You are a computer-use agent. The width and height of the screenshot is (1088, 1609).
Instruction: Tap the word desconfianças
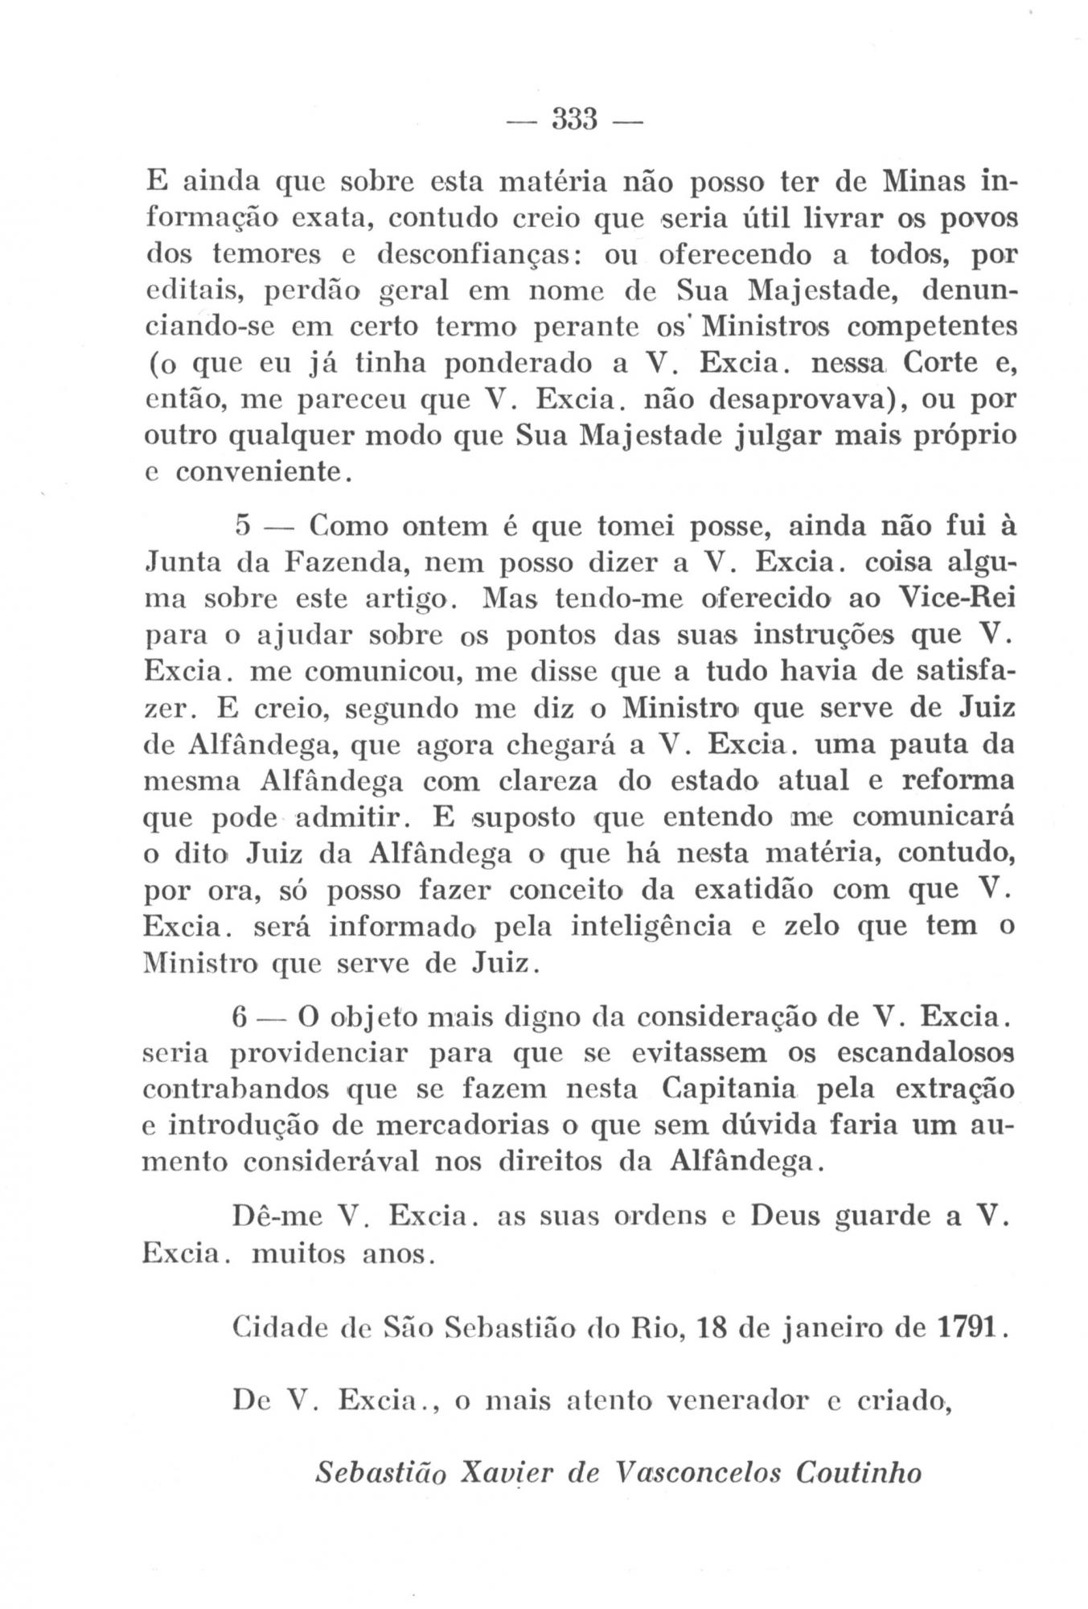point(486,255)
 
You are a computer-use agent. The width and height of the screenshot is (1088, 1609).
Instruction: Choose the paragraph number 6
point(239,1017)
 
